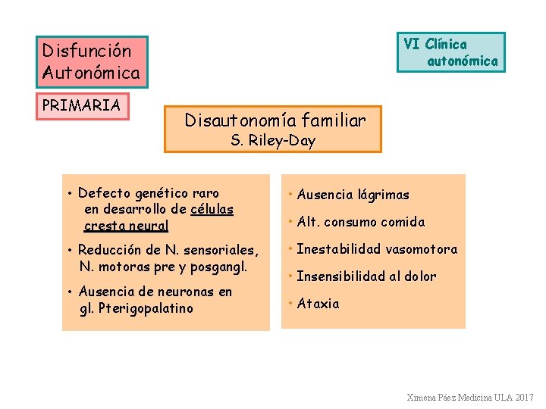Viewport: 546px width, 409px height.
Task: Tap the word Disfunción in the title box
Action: tap(86, 52)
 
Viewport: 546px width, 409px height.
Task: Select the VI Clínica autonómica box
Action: tap(451, 52)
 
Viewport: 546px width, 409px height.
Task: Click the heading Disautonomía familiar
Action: tap(275, 120)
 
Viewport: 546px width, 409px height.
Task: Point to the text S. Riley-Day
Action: tap(273, 141)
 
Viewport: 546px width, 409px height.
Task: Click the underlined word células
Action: tap(212, 209)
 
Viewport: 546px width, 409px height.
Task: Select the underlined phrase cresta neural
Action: tap(126, 226)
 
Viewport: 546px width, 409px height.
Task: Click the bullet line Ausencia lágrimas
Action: tap(353, 195)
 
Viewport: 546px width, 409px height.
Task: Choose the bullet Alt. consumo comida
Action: tap(360, 222)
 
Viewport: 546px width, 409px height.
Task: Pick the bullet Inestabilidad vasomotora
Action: tap(377, 249)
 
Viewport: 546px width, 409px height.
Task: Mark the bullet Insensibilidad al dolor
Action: tap(366, 276)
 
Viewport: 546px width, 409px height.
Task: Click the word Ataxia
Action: tap(318, 304)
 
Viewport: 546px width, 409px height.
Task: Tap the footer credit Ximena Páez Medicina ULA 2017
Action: tap(470, 397)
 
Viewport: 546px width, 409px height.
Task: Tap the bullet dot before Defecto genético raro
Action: tap(69, 193)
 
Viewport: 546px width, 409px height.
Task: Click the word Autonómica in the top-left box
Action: tap(92, 73)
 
